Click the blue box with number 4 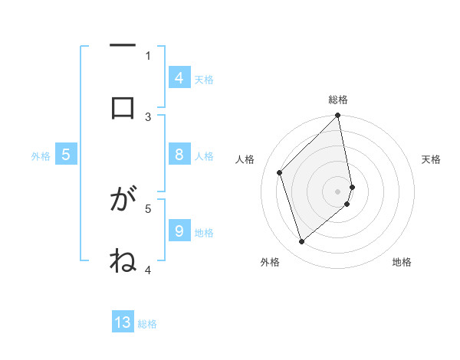click(179, 77)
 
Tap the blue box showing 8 click(179, 154)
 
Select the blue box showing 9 click(179, 230)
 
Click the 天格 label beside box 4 click(204, 79)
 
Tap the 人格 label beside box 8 click(204, 156)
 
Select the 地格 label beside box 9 click(204, 232)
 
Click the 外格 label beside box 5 click(41, 156)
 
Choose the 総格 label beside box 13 click(147, 324)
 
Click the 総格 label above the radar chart click(338, 100)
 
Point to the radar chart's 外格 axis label click(269, 262)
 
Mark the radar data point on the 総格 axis click(338, 116)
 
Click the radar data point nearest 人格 click(280, 172)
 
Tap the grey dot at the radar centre click(338, 191)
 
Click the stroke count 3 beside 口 click(148, 116)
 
